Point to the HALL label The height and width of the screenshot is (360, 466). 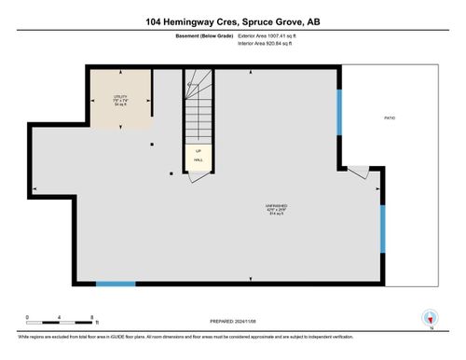click(x=198, y=159)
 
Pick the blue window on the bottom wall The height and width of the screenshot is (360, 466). click(x=116, y=284)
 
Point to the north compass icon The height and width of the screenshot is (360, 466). click(x=430, y=318)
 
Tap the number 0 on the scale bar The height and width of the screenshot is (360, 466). click(x=27, y=318)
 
